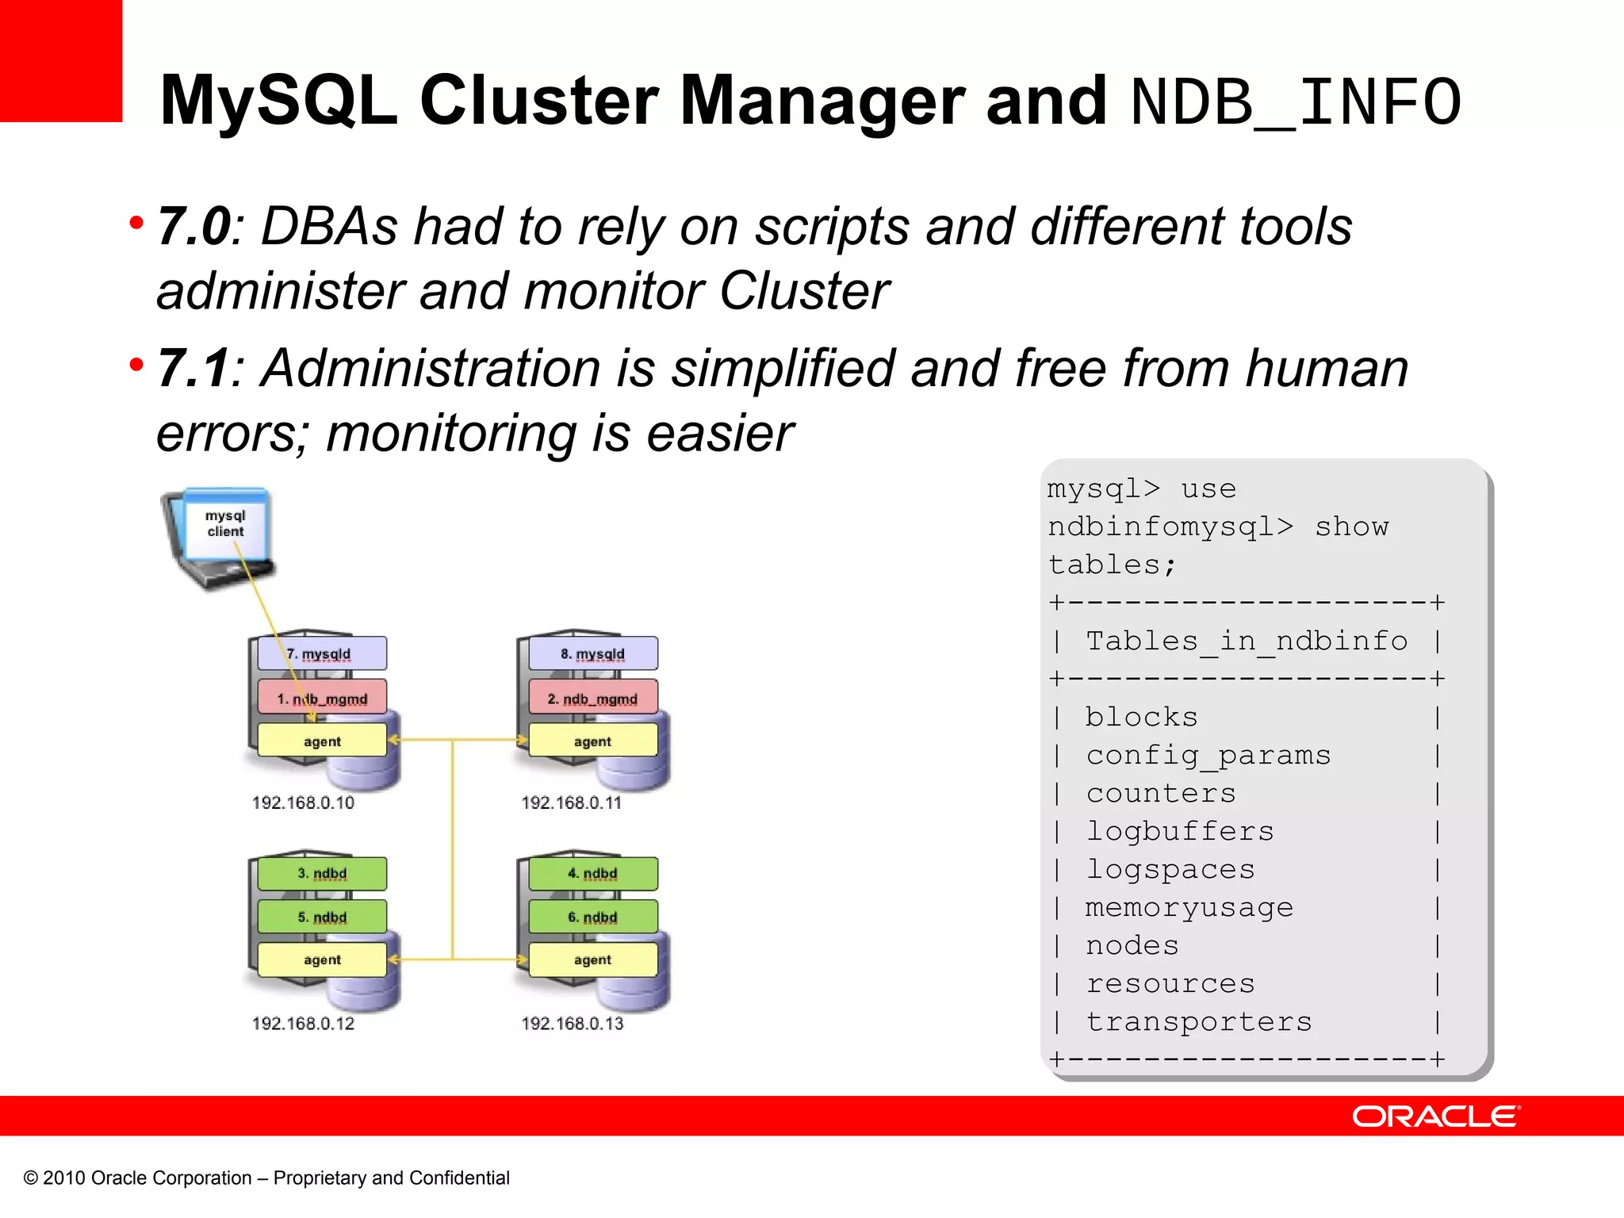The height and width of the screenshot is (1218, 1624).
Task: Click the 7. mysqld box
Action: pos(322,653)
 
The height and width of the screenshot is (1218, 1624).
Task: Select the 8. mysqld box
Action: pos(592,653)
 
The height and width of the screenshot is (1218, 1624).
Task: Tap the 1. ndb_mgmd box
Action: pos(322,699)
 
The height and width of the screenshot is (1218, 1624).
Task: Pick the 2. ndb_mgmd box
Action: pos(592,699)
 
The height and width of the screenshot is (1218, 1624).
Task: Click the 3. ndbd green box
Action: pos(322,873)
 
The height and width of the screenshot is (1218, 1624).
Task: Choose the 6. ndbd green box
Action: pos(592,917)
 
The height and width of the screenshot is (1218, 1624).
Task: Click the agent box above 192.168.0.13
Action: pos(592,959)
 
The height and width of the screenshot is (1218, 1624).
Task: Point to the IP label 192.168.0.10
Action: pos(303,802)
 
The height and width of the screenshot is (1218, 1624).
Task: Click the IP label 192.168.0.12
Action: pos(303,1023)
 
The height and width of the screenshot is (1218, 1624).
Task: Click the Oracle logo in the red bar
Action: pos(1435,1116)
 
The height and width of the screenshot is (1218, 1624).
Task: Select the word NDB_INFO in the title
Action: pos(1296,101)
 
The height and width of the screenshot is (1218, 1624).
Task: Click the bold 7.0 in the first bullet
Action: pos(193,227)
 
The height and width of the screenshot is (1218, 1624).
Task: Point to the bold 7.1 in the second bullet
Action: pos(193,369)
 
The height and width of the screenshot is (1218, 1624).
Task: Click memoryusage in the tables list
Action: pos(1189,907)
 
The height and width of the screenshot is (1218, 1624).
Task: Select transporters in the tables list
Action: pos(1198,1021)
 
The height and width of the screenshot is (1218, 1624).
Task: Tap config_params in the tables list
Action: pos(1208,755)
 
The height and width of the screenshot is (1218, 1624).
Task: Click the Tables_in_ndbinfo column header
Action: pos(1246,641)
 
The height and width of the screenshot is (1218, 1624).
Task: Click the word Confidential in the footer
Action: pos(459,1178)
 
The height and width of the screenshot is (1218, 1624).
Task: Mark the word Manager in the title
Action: pos(822,101)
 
